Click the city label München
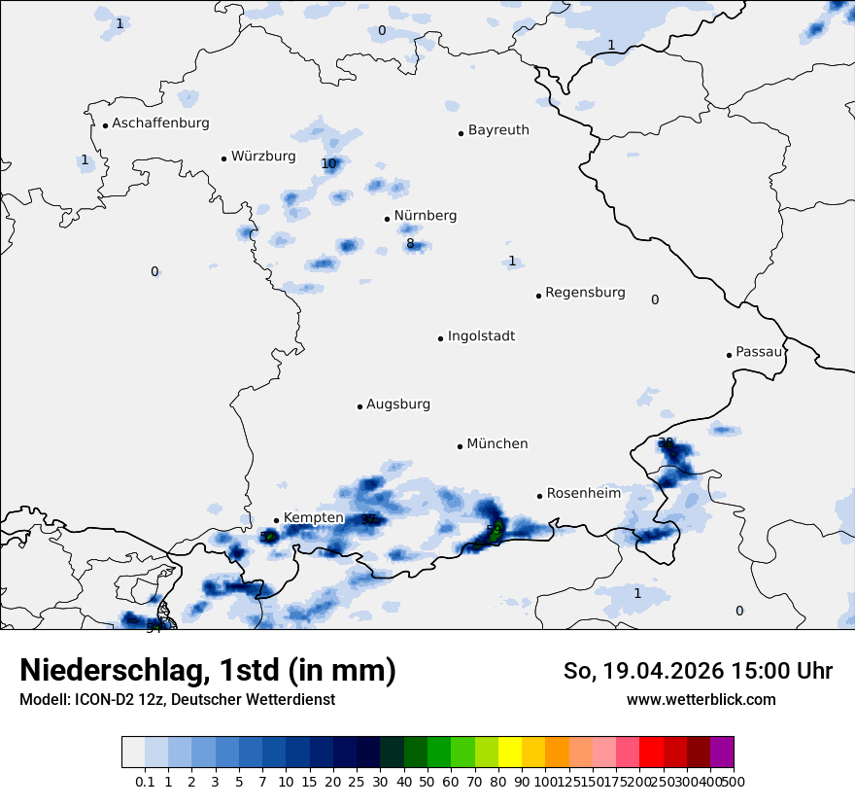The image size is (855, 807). click(497, 444)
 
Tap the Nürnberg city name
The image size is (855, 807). click(425, 216)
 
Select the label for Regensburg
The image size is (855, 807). click(585, 293)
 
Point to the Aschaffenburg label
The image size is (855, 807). click(160, 123)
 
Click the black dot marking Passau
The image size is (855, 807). click(729, 355)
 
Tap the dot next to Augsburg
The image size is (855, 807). click(359, 406)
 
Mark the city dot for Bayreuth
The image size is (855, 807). click(462, 133)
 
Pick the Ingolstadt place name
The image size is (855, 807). click(481, 336)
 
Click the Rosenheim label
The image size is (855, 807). click(583, 494)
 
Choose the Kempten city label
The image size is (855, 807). click(313, 517)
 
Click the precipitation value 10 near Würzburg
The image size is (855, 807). click(328, 163)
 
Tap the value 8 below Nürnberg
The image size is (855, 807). click(410, 244)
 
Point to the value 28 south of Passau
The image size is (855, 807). click(666, 442)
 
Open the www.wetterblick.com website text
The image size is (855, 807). click(701, 700)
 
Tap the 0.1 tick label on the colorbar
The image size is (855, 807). click(145, 781)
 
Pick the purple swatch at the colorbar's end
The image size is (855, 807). click(722, 753)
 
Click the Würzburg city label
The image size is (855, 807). click(262, 157)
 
